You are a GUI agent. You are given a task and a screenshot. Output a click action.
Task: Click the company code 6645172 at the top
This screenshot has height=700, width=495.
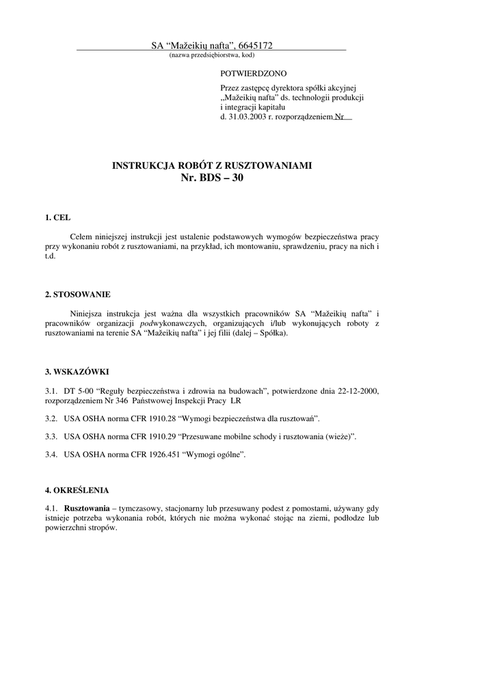pos(256,46)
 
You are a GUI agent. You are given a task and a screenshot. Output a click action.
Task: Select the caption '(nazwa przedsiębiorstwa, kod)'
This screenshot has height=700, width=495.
pos(212,55)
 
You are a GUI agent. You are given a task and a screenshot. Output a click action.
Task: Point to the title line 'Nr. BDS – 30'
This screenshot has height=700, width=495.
pos(212,178)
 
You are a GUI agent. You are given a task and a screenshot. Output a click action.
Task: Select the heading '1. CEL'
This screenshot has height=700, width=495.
pos(58,217)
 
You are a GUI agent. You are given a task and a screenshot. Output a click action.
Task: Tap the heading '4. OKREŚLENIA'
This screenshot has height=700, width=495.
pos(77,490)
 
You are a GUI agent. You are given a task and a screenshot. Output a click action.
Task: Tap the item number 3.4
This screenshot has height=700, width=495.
pos(51,454)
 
